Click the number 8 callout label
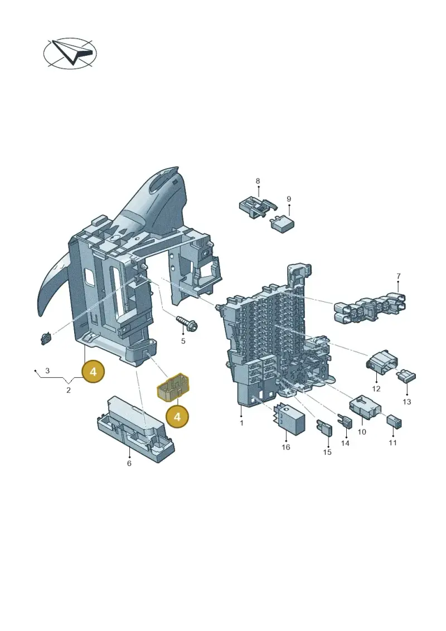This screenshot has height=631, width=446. click(x=258, y=181)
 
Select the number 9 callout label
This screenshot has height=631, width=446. click(x=289, y=199)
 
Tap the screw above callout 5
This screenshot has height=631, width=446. click(x=186, y=321)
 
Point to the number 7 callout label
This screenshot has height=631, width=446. click(x=399, y=276)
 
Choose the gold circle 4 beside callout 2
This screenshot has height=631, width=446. click(x=93, y=372)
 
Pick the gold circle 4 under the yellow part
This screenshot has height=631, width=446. click(x=177, y=417)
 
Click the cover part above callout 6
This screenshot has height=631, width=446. click(x=137, y=427)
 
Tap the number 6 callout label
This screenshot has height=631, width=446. click(x=129, y=464)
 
